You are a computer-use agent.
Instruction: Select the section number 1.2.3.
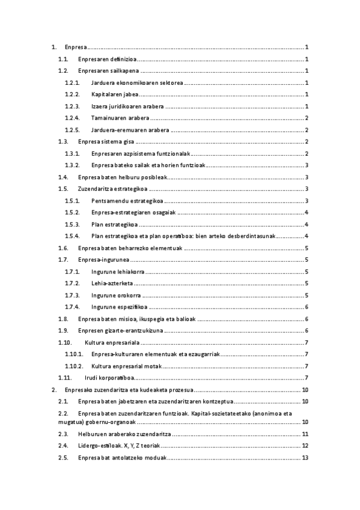pos(72,106)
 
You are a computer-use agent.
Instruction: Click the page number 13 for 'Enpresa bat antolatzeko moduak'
pos(305,458)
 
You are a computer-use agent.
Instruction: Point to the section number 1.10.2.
pos(75,366)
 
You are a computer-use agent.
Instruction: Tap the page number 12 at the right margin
pos(305,446)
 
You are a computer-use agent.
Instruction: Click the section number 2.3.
pos(63,434)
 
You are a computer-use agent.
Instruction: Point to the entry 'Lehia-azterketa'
pos(112,283)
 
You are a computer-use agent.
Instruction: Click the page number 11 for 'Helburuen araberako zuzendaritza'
pos(305,434)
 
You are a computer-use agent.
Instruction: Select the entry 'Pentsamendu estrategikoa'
pos(126,201)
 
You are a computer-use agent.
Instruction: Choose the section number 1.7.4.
pos(72,307)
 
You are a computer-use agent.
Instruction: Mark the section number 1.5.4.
pos(72,236)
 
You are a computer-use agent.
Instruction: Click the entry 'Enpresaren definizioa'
pos(106,59)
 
